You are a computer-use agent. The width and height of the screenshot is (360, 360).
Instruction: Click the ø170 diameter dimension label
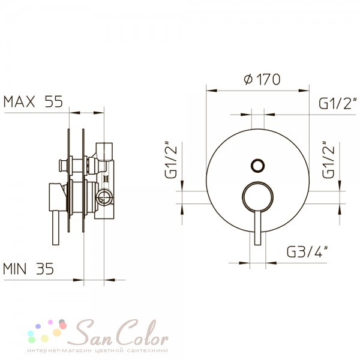pos(262,79)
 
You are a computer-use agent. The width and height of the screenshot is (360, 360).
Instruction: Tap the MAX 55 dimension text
pos(33,101)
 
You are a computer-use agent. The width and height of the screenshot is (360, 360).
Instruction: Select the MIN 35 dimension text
pos(28,269)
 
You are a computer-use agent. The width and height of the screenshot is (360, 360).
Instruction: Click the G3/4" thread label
pos(307,251)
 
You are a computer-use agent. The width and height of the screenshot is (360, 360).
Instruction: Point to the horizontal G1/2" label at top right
pos(338,103)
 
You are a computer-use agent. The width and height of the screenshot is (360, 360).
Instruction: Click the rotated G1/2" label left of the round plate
pos(171,160)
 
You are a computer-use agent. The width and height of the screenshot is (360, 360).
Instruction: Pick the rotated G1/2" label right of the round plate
pos(328,160)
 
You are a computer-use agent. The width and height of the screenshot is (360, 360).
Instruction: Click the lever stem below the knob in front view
pos(257,227)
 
